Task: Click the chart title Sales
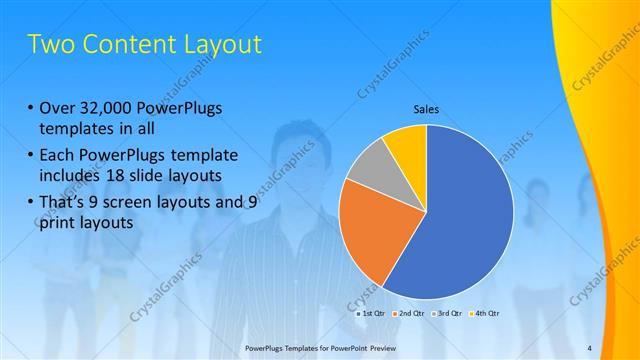[x=427, y=110]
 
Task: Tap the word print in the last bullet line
[x=57, y=223]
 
